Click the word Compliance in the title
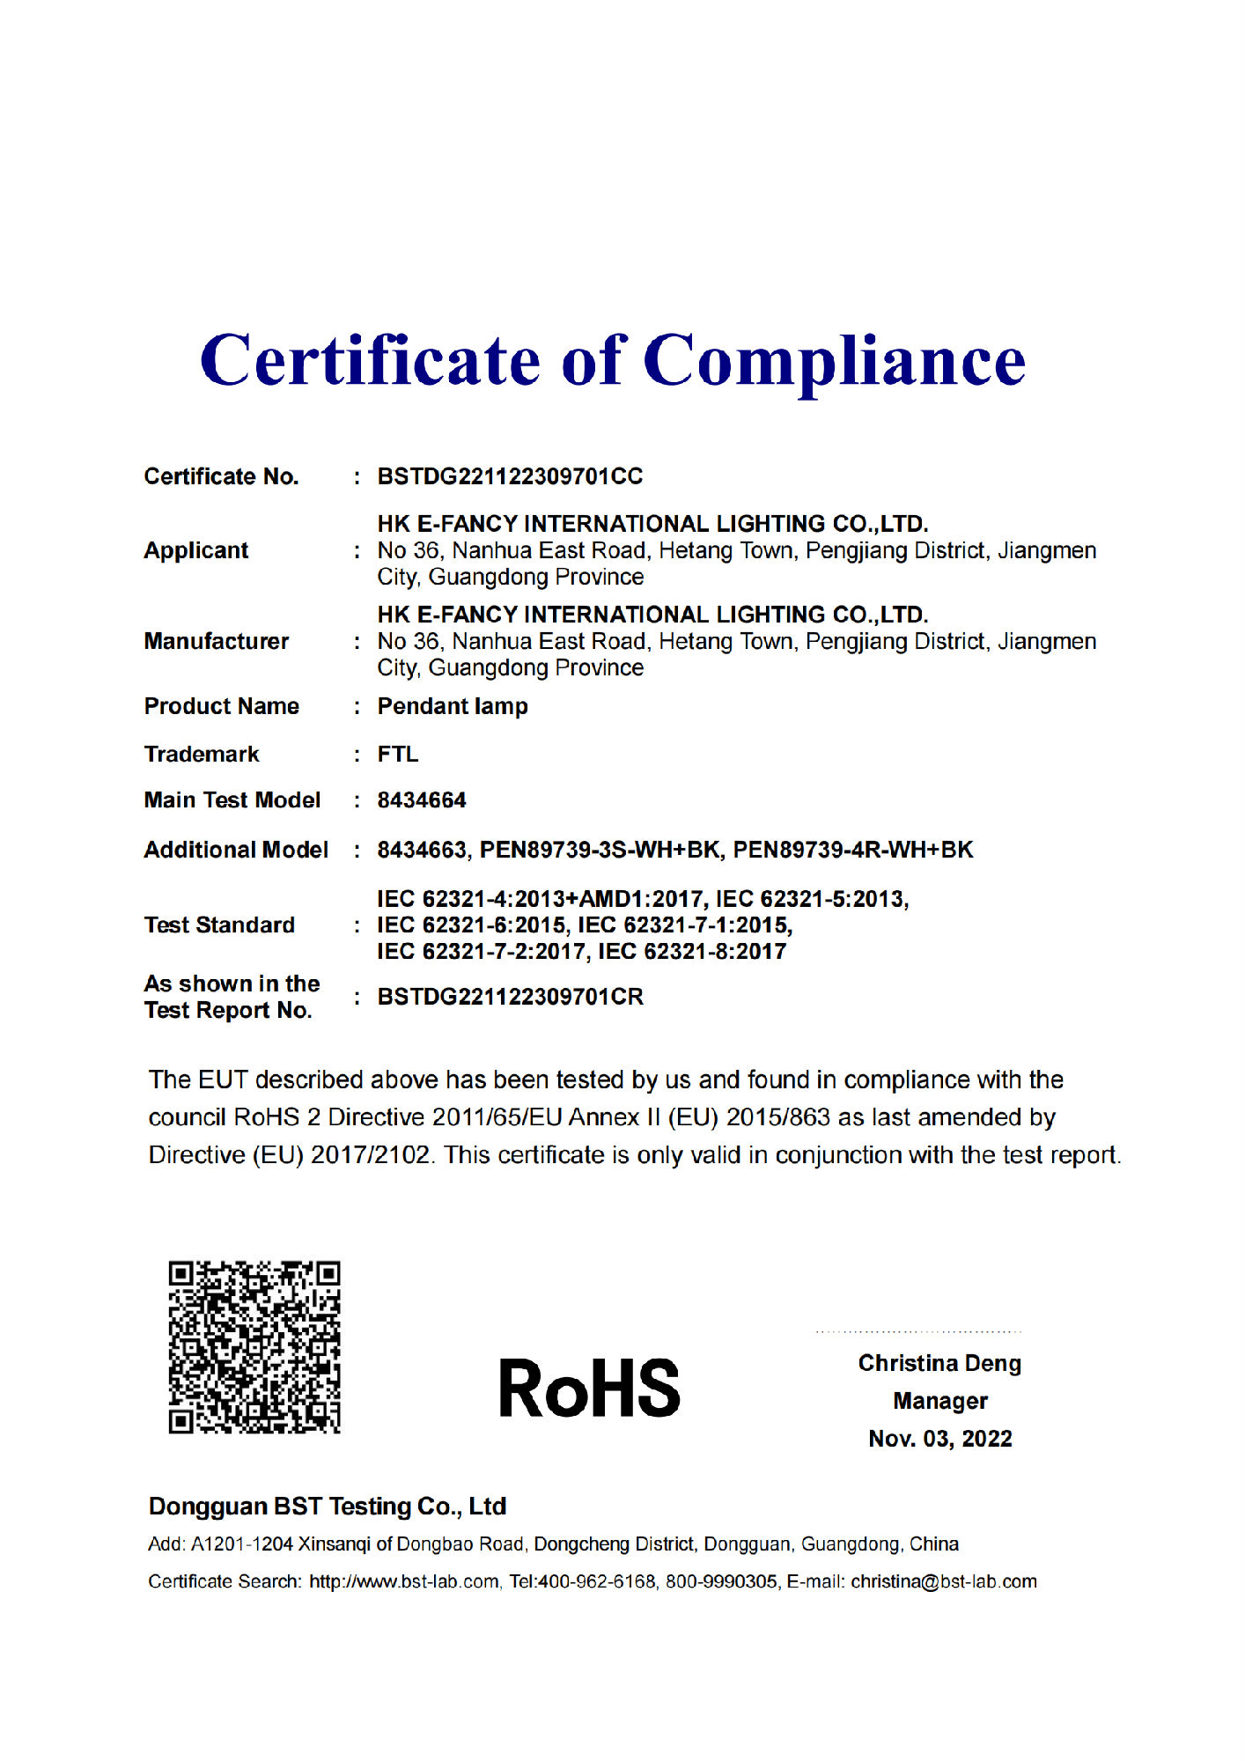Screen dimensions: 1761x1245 tap(835, 361)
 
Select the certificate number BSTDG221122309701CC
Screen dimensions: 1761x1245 tap(510, 476)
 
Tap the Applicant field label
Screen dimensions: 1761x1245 tap(196, 550)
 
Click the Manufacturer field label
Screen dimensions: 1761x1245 tap(217, 641)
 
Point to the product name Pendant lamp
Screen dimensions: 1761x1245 tap(453, 706)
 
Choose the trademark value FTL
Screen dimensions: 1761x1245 tap(398, 755)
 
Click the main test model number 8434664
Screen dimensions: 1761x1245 tap(422, 800)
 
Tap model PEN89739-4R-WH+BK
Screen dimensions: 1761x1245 tap(852, 850)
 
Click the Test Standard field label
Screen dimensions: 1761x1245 tap(219, 925)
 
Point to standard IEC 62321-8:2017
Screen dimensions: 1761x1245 tap(692, 951)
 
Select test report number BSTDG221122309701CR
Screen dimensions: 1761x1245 tap(510, 997)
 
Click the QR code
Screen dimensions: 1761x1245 tap(254, 1346)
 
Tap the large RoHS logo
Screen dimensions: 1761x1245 tap(589, 1388)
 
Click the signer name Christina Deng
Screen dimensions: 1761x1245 tap(939, 1363)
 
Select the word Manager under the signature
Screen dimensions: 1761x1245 tap(939, 1401)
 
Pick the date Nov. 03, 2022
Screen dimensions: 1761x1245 tap(939, 1439)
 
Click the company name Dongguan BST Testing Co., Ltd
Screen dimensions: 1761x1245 tap(328, 1507)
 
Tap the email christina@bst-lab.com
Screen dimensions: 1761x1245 tap(943, 1581)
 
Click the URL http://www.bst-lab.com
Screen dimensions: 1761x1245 tap(404, 1581)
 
